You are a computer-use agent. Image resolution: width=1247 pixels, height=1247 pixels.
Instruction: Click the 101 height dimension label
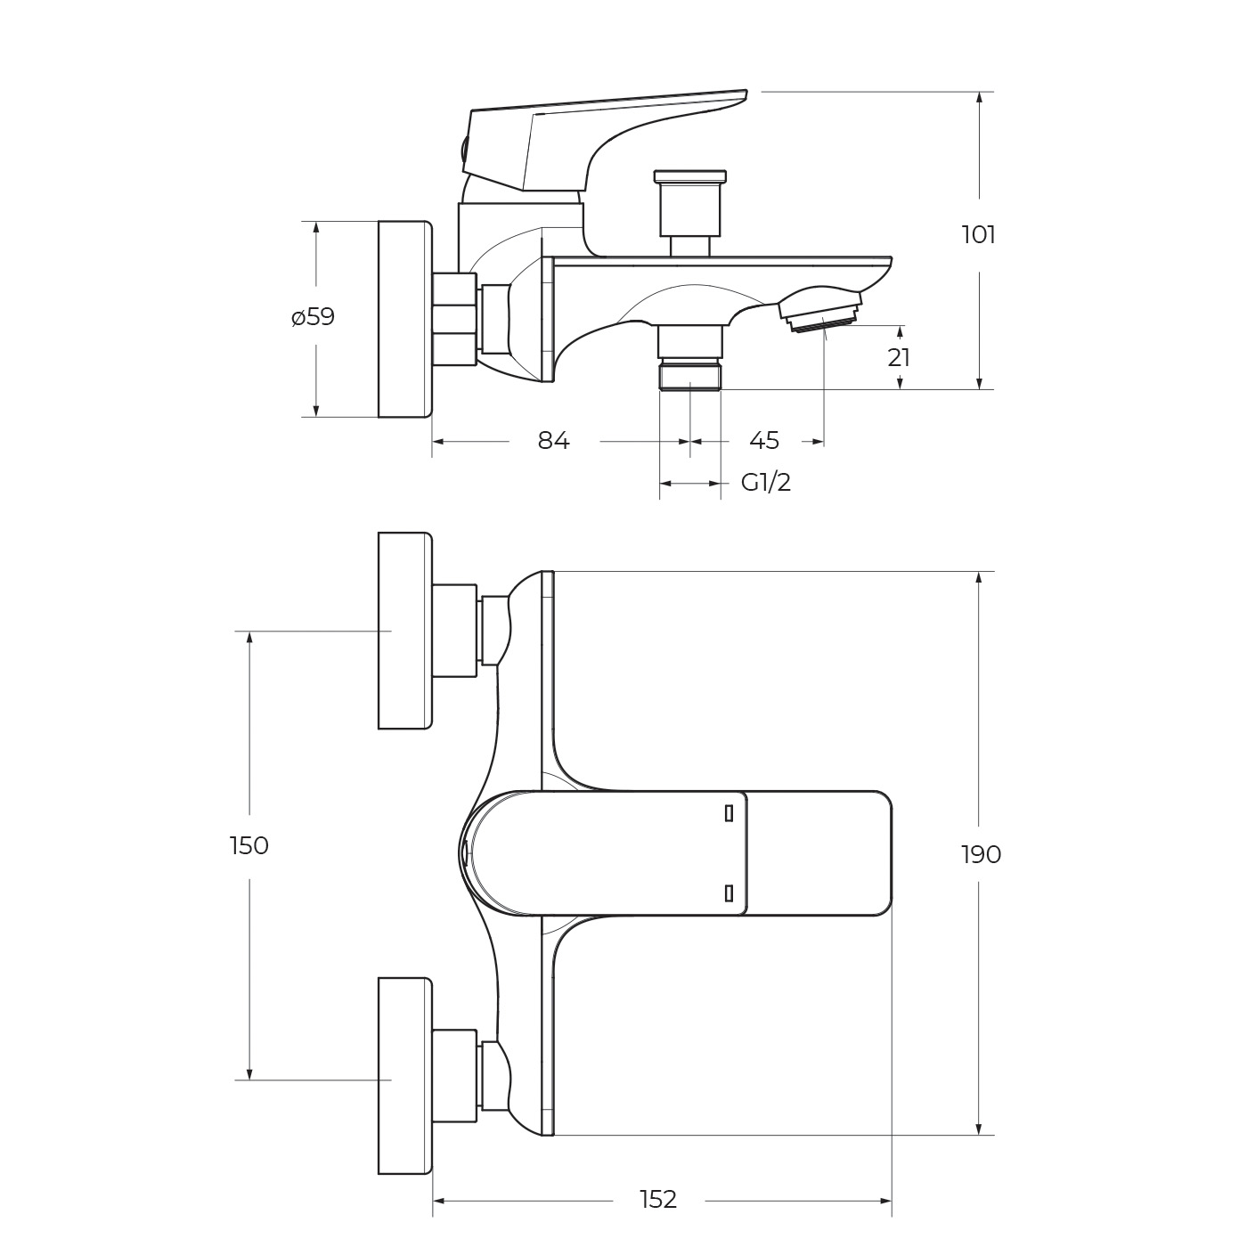coord(978,235)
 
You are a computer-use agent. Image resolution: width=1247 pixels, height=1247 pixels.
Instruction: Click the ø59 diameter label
coord(313,317)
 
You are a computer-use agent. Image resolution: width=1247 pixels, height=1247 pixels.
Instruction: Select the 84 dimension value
coord(553,441)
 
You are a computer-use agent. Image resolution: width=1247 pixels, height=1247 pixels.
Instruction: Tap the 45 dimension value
coord(764,441)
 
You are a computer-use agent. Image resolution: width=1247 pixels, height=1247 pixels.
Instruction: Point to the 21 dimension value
coord(898,357)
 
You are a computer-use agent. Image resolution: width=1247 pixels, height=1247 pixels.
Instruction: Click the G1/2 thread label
coord(766,483)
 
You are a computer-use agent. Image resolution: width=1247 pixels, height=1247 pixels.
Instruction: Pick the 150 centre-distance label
coord(249,846)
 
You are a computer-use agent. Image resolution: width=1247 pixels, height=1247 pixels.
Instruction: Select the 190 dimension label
coord(981,855)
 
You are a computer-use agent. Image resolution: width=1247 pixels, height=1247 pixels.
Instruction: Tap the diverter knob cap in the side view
coord(689,176)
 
